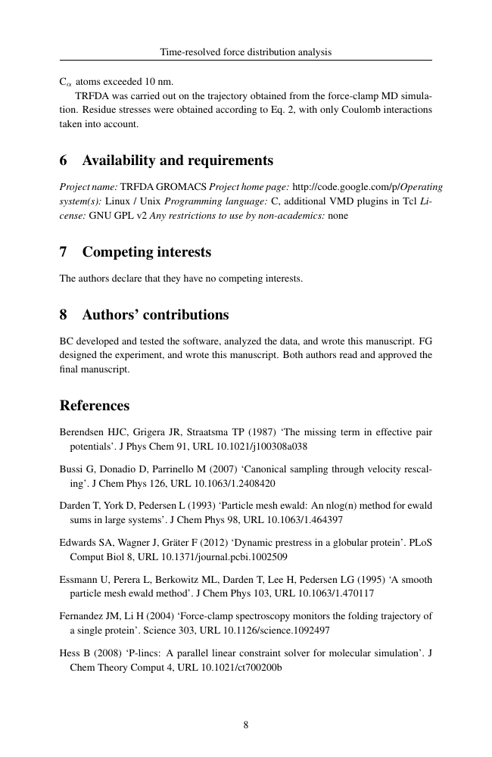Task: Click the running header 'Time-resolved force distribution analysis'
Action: (x=246, y=52)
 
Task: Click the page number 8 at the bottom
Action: (x=246, y=724)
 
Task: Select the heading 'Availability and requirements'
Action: (x=177, y=160)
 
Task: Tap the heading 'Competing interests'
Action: (x=146, y=251)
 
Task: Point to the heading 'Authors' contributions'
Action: (x=155, y=314)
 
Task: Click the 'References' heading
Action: (x=95, y=405)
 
